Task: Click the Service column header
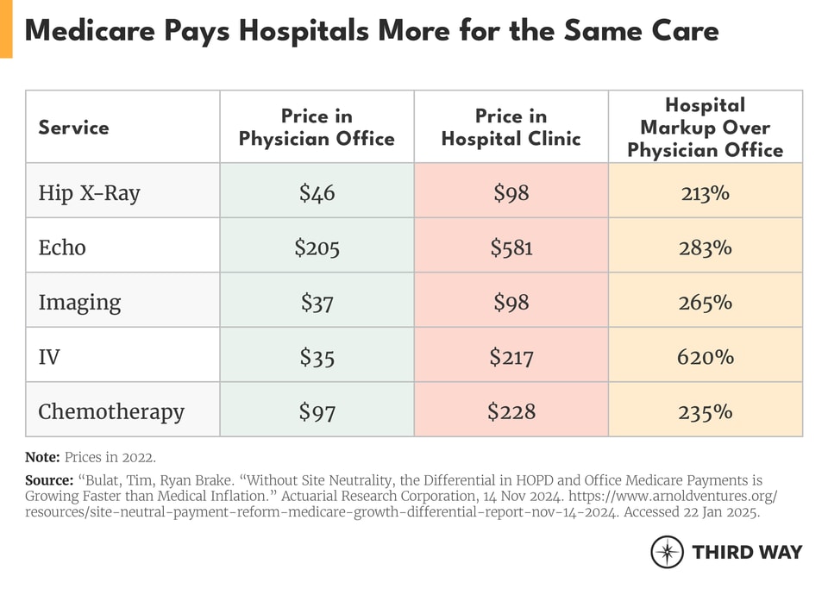(73, 128)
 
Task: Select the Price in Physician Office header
(317, 128)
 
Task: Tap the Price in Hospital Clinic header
(511, 128)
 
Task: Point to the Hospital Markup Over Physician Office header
(705, 128)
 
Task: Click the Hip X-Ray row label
(89, 192)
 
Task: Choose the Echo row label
(62, 247)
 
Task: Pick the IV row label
(49, 356)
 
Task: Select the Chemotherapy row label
(111, 411)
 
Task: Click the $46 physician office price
(317, 192)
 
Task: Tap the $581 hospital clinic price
(511, 247)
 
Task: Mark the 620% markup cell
(705, 356)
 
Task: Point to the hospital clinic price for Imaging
(511, 302)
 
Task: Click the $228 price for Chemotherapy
(511, 411)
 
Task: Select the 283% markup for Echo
(705, 247)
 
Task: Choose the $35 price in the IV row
(317, 356)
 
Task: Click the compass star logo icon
(667, 552)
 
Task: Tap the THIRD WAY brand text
(747, 552)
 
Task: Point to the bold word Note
(42, 457)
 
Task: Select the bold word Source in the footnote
(49, 479)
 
